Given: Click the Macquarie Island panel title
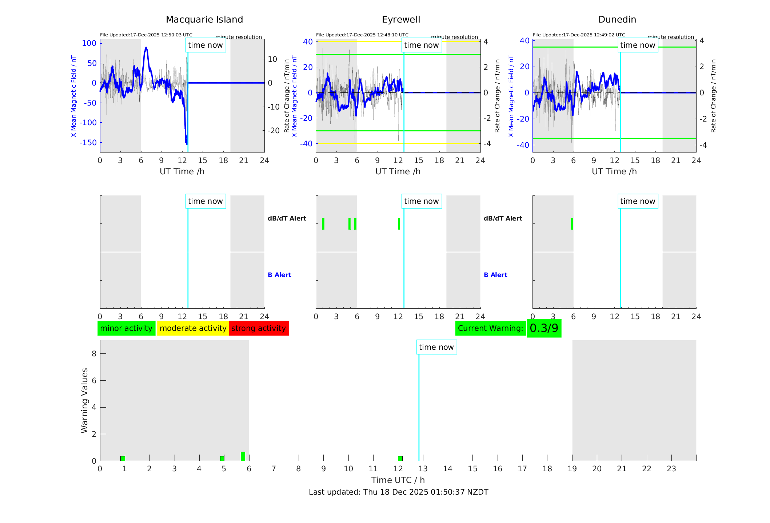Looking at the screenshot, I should (204, 20).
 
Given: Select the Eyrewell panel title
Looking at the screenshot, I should (401, 20).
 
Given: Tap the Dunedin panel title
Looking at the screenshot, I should (617, 20).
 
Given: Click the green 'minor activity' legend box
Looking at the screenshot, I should (126, 328).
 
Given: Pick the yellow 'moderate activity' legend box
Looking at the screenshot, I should (193, 328).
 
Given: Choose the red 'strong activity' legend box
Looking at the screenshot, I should (259, 328).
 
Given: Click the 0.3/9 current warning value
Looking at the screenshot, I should (544, 328).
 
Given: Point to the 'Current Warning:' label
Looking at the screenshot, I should (490, 328).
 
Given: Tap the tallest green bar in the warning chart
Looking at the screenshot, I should (243, 456).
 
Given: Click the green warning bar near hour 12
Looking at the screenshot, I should (400, 458).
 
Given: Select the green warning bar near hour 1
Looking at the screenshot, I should (123, 458).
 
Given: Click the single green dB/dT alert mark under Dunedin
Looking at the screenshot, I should (572, 224).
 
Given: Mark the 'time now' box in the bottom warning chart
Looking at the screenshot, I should (436, 347).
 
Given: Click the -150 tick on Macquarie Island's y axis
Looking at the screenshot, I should (88, 143).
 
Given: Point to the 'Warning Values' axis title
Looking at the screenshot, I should (85, 400).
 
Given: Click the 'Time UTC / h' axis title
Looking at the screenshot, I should (398, 480).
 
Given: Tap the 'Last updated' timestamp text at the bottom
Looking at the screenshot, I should (398, 492).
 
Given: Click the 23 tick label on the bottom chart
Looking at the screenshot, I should (671, 469).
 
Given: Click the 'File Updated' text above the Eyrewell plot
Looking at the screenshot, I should (362, 35).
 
